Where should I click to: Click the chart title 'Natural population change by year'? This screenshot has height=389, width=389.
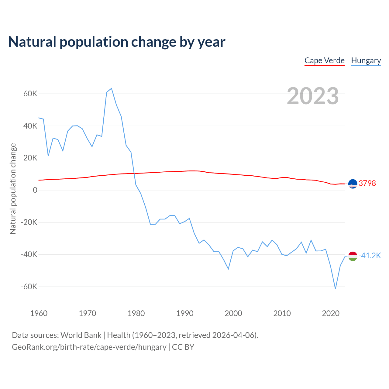117,42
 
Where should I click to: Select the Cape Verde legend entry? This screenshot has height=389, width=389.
325,60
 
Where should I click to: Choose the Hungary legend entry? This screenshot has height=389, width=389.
366,60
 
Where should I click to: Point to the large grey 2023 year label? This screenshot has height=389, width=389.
313,96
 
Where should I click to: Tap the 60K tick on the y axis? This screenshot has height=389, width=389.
30,94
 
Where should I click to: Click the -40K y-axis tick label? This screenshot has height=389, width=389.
29,254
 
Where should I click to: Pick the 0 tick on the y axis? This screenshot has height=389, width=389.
35,190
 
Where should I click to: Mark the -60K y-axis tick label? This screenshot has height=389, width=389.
29,287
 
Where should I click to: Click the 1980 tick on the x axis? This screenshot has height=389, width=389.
136,313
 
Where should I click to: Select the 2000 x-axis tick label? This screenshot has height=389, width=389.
233,313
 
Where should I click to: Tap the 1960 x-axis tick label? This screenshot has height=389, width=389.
39,313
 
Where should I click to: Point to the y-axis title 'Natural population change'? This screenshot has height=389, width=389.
13,189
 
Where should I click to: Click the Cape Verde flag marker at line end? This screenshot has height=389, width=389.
353,184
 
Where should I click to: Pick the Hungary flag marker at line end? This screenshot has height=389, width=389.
353,256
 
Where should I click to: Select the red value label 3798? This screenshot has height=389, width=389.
367,183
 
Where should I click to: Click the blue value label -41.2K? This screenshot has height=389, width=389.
370,256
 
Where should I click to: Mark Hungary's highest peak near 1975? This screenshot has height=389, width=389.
112,88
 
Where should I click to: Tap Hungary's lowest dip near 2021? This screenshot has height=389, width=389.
336,289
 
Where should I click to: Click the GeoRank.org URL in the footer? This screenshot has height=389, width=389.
89,347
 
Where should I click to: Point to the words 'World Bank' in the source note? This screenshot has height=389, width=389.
81,335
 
